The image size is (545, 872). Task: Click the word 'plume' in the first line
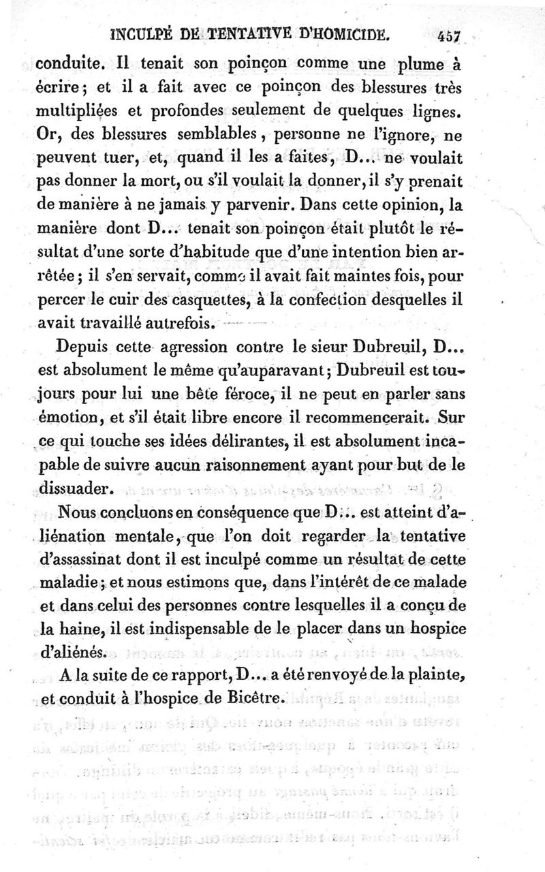tap(415, 67)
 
